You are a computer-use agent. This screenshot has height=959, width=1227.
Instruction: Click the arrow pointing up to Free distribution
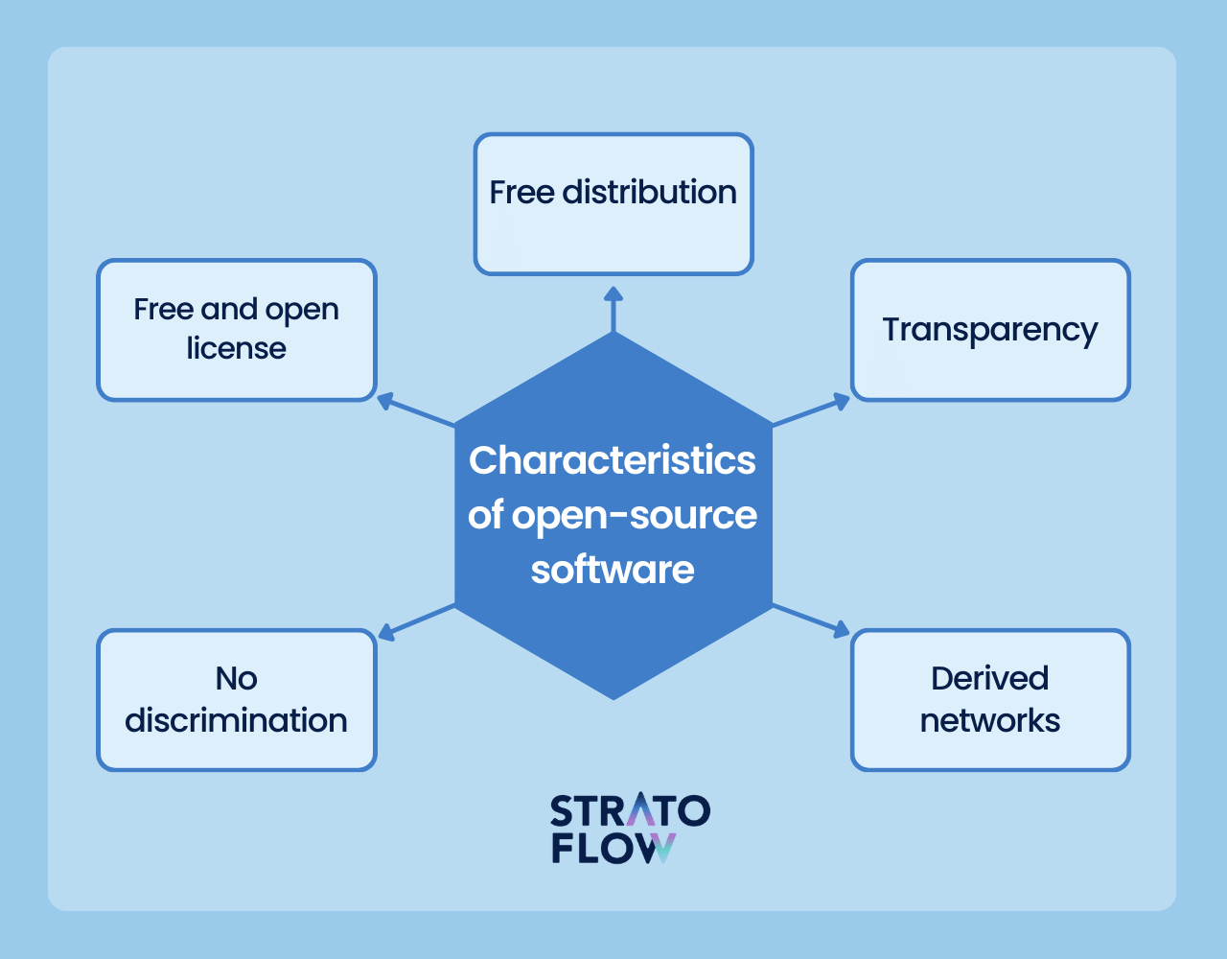pos(613,308)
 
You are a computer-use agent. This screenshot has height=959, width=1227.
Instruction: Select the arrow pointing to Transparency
pos(812,409)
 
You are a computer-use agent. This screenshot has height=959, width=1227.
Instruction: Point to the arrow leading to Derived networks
pos(812,620)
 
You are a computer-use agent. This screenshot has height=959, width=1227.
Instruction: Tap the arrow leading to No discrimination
pos(415,620)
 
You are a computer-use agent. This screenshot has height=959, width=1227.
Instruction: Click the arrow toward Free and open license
pos(415,409)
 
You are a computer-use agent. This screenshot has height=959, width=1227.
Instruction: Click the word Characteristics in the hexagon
pos(613,460)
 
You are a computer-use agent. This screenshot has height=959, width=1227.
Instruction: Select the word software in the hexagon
pos(613,570)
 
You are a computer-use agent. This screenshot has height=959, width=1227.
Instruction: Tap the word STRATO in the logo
pos(630,811)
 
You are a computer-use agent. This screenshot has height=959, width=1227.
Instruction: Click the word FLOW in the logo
pos(613,848)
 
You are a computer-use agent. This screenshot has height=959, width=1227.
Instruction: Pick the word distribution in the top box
pos(649,192)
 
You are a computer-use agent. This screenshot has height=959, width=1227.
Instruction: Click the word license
pos(237,348)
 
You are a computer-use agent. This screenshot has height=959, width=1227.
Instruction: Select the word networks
pos(990,720)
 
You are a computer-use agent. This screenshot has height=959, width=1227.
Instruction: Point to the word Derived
pos(990,678)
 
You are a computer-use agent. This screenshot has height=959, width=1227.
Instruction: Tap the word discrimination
pos(237,720)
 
